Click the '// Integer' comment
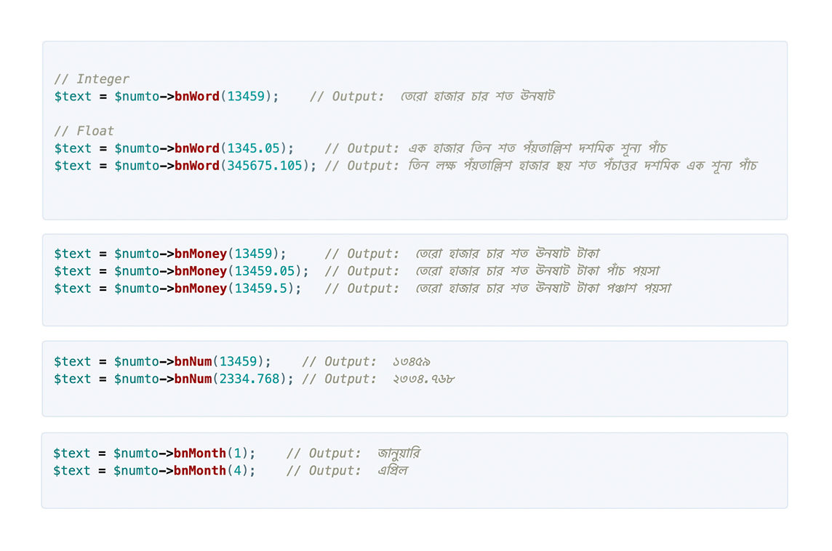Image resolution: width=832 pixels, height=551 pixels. pyautogui.click(x=91, y=79)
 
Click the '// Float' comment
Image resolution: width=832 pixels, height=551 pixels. pyautogui.click(x=84, y=131)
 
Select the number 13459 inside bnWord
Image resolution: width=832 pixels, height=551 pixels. pyautogui.click(x=246, y=96)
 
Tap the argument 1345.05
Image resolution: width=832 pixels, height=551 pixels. pyautogui.click(x=253, y=148)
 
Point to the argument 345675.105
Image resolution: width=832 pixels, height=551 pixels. pyautogui.click(x=264, y=166)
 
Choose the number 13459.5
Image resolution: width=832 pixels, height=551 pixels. pyautogui.click(x=264, y=289)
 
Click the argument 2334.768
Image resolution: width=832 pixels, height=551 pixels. pyautogui.click(x=249, y=379)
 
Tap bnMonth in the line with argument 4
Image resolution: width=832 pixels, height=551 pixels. pyautogui.click(x=199, y=470)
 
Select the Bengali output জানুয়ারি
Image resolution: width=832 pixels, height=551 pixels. pyautogui.click(x=399, y=454)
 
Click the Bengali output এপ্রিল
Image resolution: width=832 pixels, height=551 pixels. pyautogui.click(x=393, y=470)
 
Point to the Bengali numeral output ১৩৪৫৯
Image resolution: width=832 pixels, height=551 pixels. pyautogui.click(x=411, y=362)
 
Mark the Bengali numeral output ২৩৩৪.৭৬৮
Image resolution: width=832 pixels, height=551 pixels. pyautogui.click(x=423, y=379)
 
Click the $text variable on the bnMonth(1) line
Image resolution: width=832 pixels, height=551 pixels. pyautogui.click(x=71, y=454)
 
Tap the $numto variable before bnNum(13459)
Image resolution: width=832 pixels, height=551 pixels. pyautogui.click(x=137, y=362)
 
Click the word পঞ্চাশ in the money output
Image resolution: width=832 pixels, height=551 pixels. pyautogui.click(x=621, y=289)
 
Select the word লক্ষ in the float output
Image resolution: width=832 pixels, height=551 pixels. pyautogui.click(x=446, y=166)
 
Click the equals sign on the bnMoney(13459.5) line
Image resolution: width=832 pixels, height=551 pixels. pyautogui.click(x=103, y=289)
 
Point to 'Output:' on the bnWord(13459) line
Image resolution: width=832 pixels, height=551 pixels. pyautogui.click(x=358, y=96)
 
